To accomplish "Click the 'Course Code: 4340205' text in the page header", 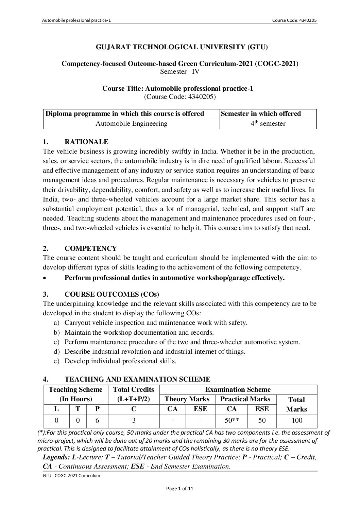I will point(294,21).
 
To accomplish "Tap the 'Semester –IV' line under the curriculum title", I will point(180,71).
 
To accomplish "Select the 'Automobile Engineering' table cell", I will point(131,124).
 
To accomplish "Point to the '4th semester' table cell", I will point(268,124).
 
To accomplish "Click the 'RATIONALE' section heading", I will point(86,142).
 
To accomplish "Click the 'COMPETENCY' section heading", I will point(90,248).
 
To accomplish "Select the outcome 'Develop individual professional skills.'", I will point(120,361).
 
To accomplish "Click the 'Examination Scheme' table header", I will point(238,390).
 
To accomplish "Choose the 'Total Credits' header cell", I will point(133,390).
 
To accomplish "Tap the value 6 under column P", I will point(97,421).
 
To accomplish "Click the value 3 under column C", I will point(134,421).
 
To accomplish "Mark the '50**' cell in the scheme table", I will point(232,421).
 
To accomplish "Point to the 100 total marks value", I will point(297,421).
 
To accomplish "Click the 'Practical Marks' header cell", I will point(245,399).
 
